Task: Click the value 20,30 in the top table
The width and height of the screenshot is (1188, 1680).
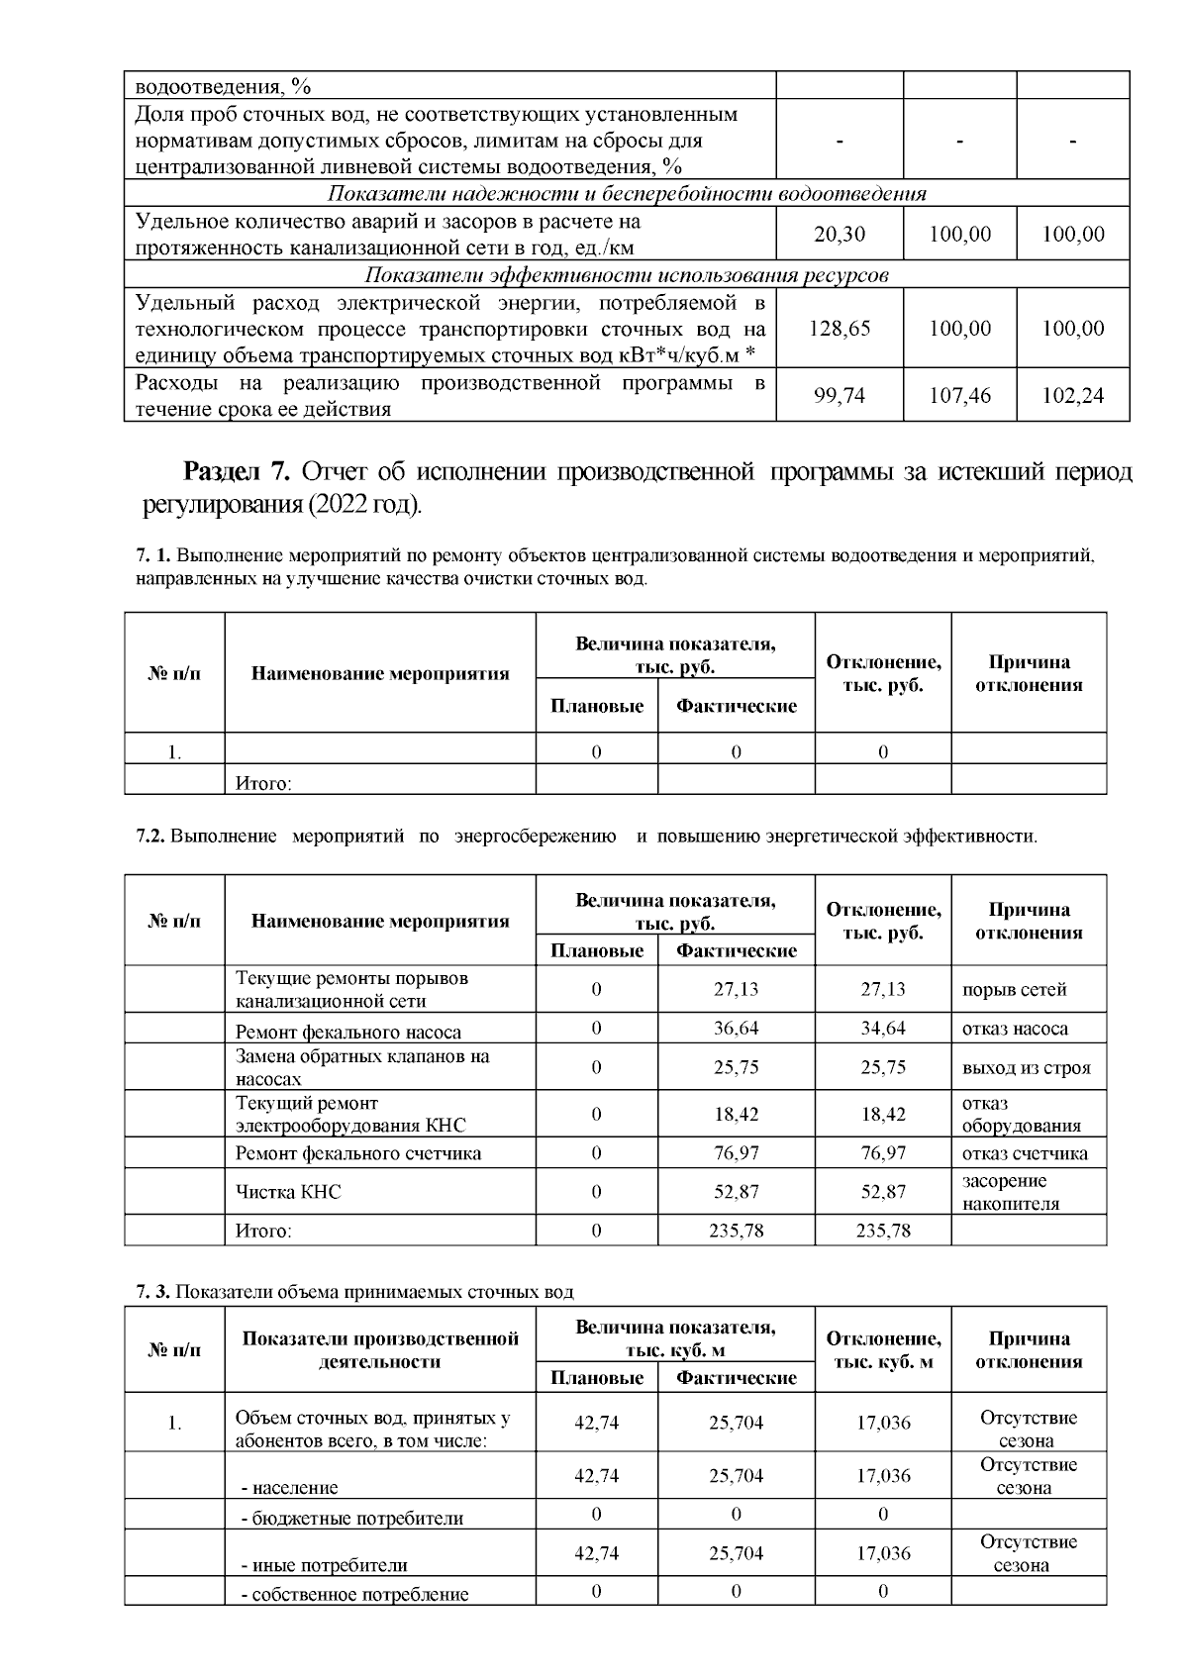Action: click(839, 235)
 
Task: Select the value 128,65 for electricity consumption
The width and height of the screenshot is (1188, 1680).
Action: click(839, 329)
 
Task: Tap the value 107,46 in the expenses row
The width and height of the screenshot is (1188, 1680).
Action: click(959, 396)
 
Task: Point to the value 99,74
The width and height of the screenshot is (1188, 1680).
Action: click(839, 396)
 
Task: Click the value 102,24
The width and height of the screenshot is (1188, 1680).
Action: click(1073, 396)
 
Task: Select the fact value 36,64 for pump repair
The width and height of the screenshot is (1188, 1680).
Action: click(736, 1029)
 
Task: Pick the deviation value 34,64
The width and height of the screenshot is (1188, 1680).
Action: click(882, 1029)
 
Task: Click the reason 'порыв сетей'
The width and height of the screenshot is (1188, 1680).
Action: click(1014, 989)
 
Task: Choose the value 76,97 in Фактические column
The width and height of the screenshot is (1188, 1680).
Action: click(736, 1153)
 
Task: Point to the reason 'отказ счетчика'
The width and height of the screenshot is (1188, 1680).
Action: click(1025, 1153)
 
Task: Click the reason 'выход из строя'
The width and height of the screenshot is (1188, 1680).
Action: click(1026, 1068)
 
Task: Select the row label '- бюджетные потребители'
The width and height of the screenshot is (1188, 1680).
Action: click(352, 1518)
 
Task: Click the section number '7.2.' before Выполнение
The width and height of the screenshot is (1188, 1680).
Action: click(150, 837)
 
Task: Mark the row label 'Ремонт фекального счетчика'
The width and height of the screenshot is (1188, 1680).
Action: click(358, 1153)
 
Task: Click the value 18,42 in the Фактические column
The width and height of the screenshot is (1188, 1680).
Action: click(736, 1115)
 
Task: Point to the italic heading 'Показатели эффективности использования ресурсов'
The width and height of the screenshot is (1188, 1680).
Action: click(627, 275)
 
